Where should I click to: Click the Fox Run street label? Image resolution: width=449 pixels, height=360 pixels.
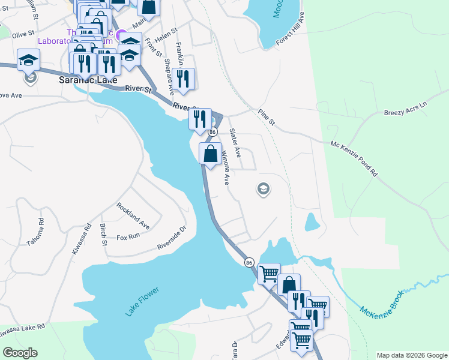tap(128, 237)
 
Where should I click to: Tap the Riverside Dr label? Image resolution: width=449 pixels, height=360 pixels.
tap(172, 238)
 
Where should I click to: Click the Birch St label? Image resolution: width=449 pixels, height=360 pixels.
tap(103, 235)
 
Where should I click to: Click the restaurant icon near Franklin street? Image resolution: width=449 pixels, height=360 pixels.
tap(182, 79)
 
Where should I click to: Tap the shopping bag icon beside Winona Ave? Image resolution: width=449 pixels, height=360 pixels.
tap(210, 153)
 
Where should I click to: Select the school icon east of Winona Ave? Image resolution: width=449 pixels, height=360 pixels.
tap(263, 190)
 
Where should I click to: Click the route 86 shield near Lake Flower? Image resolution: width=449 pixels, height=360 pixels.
tap(249, 262)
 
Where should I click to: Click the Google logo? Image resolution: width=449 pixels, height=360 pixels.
tap(20, 353)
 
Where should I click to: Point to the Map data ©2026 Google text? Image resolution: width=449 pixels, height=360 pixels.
tap(411, 355)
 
